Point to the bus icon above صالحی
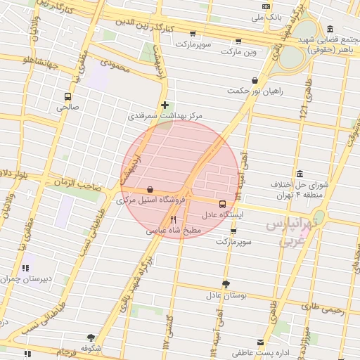pyautogui.click(x=67, y=97)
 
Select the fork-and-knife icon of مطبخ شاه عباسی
pyautogui.click(x=172, y=219)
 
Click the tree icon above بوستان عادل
pyautogui.click(x=226, y=285)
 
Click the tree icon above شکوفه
pyautogui.click(x=90, y=337)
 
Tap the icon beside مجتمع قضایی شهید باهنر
pyautogui.click(x=330, y=29)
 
